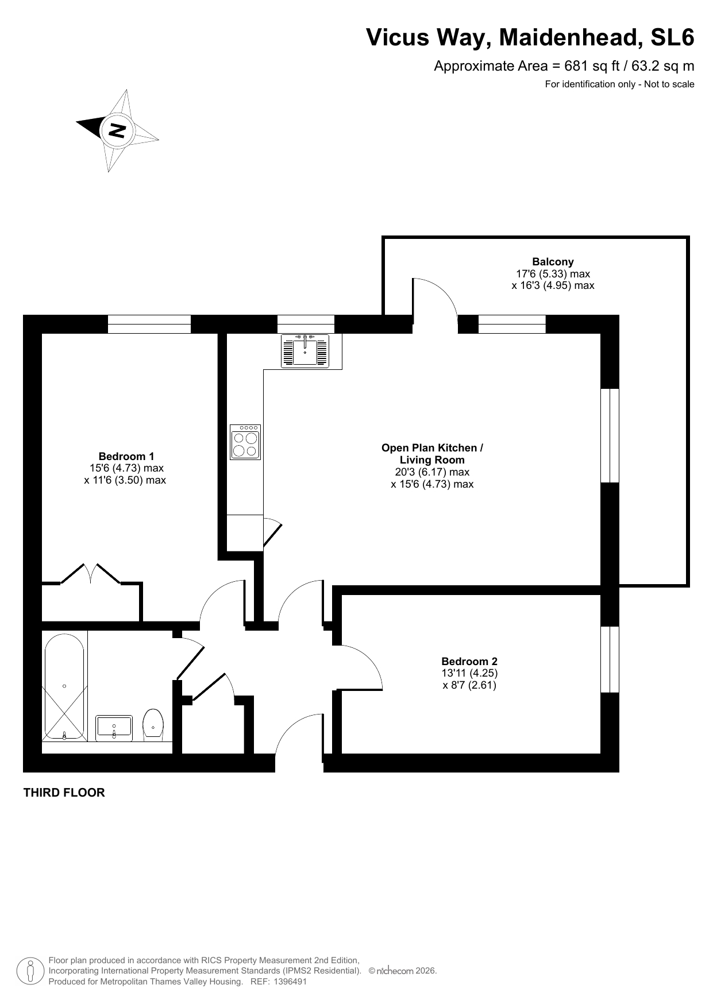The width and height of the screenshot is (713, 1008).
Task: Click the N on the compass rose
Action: click(117, 130)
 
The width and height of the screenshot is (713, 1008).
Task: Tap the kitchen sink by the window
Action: click(305, 350)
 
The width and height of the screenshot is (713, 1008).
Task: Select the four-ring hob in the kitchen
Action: click(245, 442)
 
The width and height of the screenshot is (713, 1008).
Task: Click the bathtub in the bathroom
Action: click(64, 686)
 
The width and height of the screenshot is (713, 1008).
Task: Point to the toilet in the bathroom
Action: click(153, 724)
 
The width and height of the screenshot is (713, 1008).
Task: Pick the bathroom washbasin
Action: click(114, 727)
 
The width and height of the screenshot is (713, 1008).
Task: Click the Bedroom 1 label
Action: click(126, 457)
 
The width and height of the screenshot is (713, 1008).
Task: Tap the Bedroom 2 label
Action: click(469, 661)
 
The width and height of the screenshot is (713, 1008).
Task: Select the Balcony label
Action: click(553, 262)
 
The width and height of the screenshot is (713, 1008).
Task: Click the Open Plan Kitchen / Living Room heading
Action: click(433, 454)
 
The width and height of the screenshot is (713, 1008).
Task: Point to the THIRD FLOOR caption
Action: click(64, 793)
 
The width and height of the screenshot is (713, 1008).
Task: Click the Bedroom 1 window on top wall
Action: click(149, 324)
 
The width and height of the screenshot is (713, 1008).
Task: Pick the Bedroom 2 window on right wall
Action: click(610, 659)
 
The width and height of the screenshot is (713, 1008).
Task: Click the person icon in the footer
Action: click(30, 971)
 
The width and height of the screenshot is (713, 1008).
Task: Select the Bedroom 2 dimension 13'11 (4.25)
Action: click(469, 673)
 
